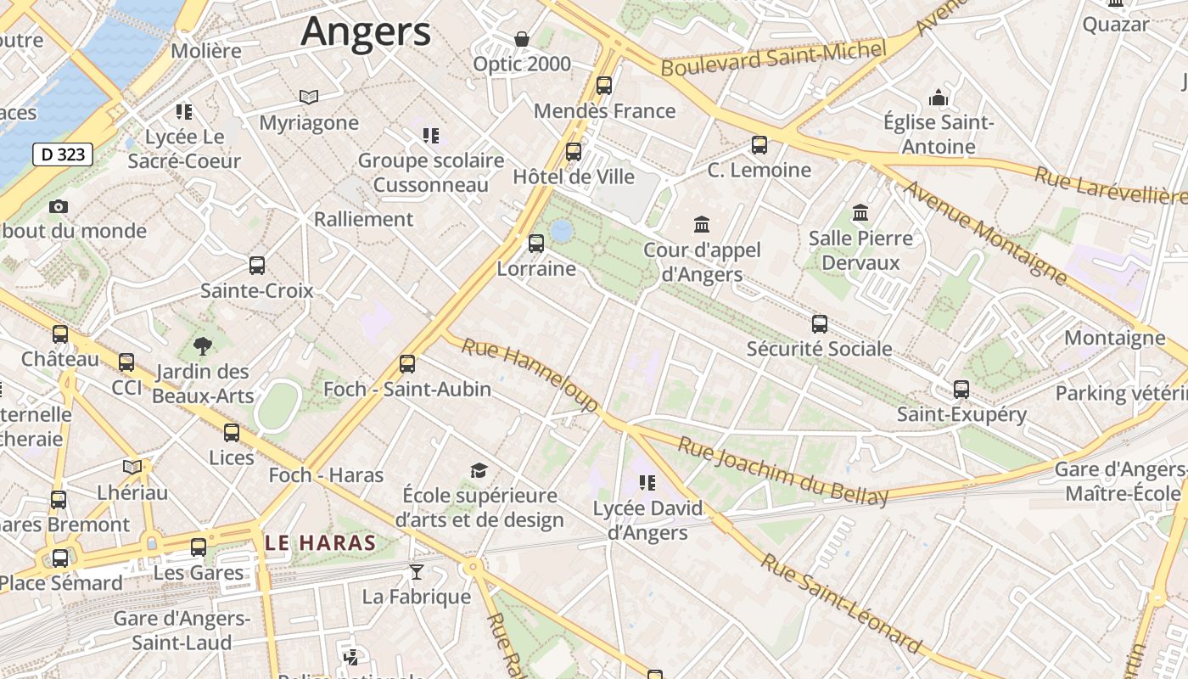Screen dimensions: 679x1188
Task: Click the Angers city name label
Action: pos(366,32)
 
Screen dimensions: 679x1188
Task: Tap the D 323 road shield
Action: pos(63,154)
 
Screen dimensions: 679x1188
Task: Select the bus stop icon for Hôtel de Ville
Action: pos(574,152)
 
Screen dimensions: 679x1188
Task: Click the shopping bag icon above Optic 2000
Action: pos(522,39)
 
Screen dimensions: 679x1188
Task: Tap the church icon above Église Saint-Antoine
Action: pos(938,98)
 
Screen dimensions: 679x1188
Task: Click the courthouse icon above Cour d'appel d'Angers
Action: pos(702,225)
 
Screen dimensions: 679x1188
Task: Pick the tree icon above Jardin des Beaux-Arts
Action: pos(202,345)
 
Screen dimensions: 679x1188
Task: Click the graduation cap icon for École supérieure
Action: pos(479,471)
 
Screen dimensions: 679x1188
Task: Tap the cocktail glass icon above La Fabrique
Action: pos(416,571)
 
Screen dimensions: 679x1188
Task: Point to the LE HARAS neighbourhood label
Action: pos(320,543)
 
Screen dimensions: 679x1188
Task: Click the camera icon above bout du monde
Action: pos(59,206)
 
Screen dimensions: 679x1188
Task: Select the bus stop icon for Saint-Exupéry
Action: pos(961,390)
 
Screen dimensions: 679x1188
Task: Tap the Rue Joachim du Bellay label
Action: pos(782,469)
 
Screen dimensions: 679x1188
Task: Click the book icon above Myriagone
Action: pos(309,98)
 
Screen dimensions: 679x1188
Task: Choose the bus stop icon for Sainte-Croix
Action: pos(257,266)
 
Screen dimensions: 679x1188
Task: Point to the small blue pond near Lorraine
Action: pos(561,230)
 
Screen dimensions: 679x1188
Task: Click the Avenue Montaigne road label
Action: pos(986,231)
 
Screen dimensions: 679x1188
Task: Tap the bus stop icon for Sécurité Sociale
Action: pos(820,323)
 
